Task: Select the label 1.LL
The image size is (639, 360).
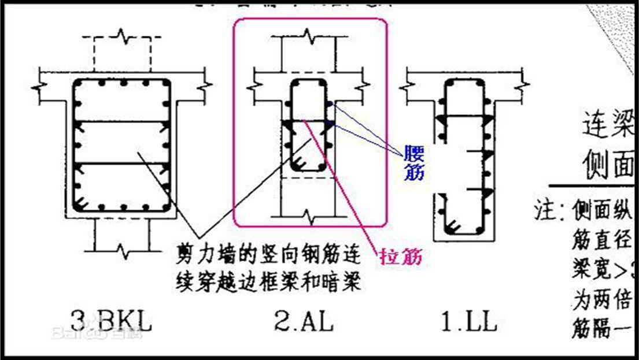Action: [469, 320]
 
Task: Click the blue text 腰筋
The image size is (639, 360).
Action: [414, 164]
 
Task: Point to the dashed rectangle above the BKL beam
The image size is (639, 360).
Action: [117, 52]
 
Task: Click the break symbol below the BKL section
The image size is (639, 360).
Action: [123, 250]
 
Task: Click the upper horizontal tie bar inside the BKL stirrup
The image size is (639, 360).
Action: [121, 122]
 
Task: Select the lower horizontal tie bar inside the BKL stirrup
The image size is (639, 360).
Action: [121, 164]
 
